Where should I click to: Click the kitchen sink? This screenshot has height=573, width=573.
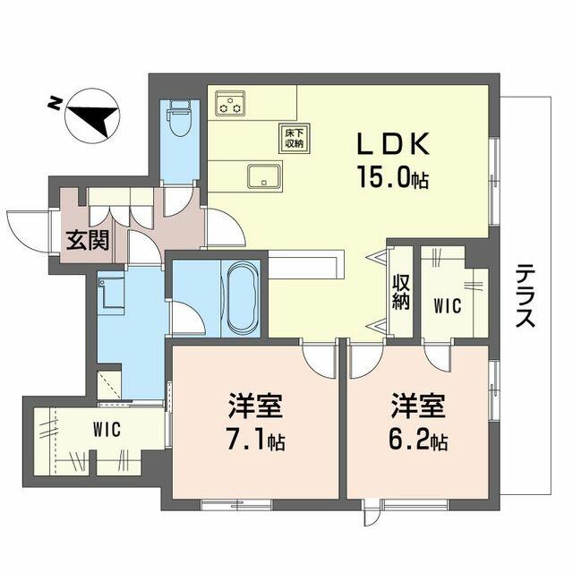264,175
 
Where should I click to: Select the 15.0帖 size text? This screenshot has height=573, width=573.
394,178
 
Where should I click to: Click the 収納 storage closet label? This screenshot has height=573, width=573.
400,290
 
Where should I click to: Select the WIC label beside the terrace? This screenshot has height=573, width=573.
448,306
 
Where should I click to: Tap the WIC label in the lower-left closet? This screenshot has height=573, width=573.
106,429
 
